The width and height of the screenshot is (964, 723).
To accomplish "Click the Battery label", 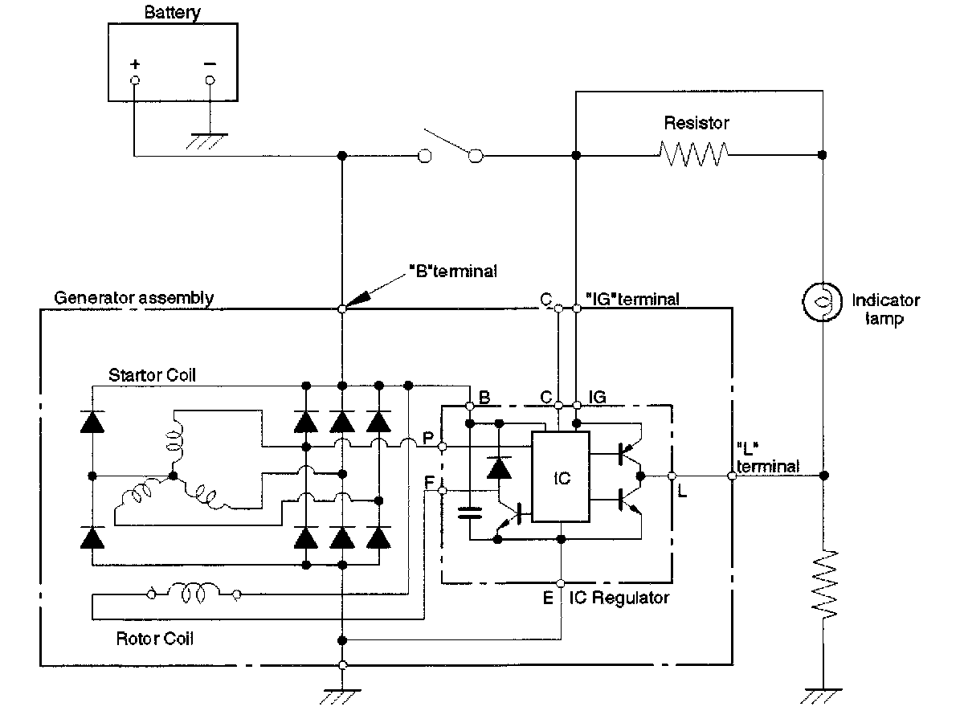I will pos(174,13).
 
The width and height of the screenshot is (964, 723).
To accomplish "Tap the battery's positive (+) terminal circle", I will pos(135,80).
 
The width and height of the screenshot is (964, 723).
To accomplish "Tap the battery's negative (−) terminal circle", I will pos(210,80).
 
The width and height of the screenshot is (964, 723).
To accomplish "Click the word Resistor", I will pos(696,123).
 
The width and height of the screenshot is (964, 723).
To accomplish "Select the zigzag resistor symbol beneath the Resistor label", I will pos(693,154).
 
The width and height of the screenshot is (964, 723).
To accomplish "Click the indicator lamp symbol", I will pos(823,302).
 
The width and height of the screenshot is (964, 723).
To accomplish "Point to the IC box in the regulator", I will pos(562,477).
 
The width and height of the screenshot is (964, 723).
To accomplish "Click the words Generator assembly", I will pos(134,298).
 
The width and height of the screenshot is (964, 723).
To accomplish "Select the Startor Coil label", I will pos(153,375).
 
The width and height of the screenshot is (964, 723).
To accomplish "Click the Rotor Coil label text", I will pos(154,639).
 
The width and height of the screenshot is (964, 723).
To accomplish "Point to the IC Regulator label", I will pos(619,598).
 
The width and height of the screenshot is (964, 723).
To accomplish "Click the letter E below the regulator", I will pos(547,598).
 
